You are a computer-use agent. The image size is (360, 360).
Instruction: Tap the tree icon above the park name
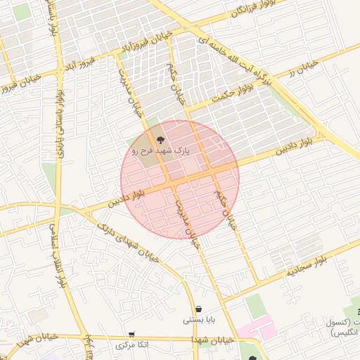pyautogui.click(x=160, y=140)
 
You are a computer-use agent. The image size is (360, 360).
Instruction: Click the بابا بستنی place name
pyautogui.click(x=198, y=321)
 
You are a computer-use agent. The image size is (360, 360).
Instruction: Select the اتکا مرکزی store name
pyautogui.click(x=132, y=346)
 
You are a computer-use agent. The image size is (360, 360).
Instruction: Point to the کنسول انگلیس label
pyautogui.click(x=342, y=327)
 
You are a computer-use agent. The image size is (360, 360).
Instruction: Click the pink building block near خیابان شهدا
pyautogui.click(x=255, y=328)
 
